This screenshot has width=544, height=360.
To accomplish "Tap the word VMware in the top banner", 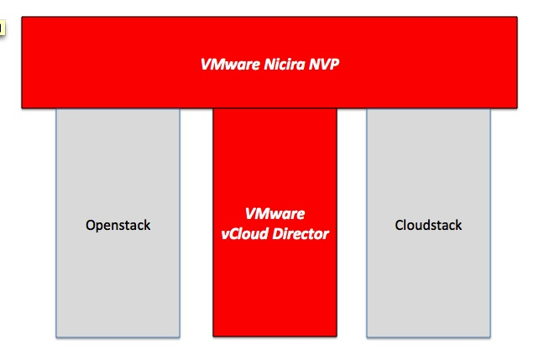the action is tap(230, 64).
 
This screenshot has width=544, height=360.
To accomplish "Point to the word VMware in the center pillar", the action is tap(275, 214).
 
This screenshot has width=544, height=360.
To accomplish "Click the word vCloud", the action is tap(244, 234).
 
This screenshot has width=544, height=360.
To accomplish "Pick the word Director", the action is tap(301, 234).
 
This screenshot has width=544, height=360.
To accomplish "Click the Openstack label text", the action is tap(118, 226).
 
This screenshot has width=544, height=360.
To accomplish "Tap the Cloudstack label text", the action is tap(428, 225).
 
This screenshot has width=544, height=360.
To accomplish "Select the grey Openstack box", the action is tap(118, 223).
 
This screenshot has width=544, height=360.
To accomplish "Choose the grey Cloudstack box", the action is tap(428, 223).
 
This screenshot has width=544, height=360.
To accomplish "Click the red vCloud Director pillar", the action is tap(275, 222).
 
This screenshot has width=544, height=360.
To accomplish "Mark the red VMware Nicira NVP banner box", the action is tap(269, 62).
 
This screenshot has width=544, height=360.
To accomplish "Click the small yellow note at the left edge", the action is tap(2, 28).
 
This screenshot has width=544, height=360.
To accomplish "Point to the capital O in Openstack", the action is tap(90, 225).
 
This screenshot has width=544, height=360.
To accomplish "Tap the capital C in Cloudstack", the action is tap(399, 225).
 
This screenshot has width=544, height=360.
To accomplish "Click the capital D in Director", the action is tap(277, 234).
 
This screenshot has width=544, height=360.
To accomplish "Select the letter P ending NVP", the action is tap(334, 64).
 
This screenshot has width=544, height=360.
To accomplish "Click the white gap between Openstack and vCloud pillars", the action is tap(196, 223).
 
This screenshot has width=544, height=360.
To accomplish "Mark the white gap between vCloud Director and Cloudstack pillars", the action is tap(352, 223).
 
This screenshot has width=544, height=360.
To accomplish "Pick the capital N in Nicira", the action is tap(269, 64).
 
